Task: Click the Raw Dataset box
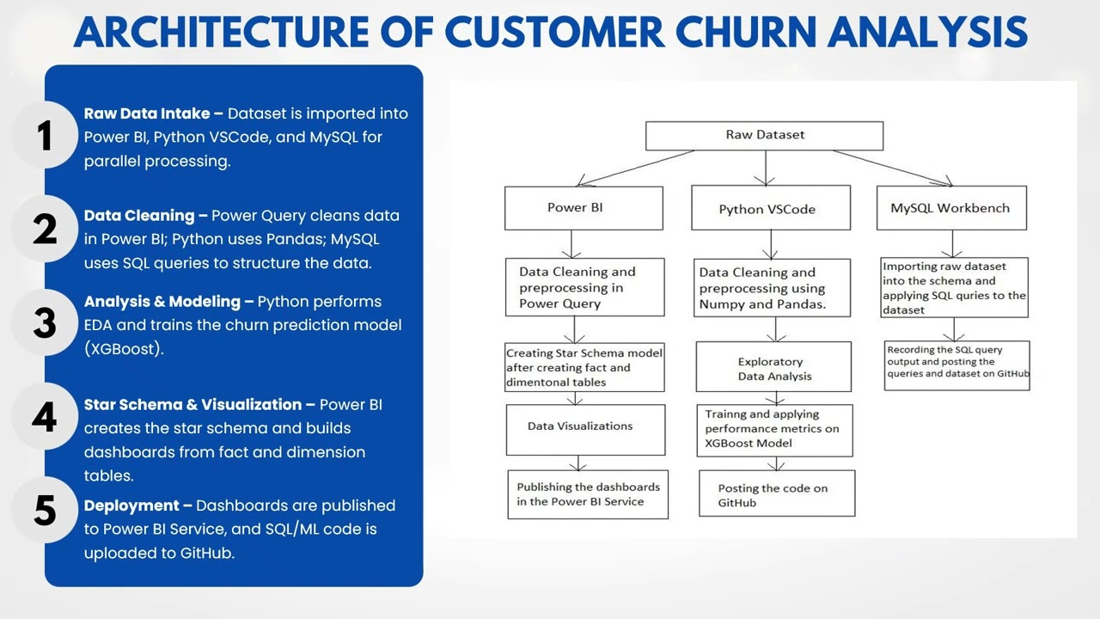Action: click(x=764, y=136)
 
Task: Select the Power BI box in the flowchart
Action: click(x=584, y=208)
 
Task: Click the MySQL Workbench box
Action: click(x=950, y=208)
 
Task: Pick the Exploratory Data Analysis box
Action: click(x=773, y=369)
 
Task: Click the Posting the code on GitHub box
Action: click(x=776, y=493)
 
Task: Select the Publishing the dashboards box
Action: click(x=588, y=494)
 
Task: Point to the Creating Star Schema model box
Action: click(x=584, y=367)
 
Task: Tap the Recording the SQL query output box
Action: click(x=957, y=365)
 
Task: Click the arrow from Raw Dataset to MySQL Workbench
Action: click(x=894, y=168)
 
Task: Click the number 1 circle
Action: click(x=45, y=137)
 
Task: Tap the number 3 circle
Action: click(x=45, y=324)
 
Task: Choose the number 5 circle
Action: click(x=45, y=511)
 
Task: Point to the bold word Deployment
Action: click(x=132, y=506)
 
